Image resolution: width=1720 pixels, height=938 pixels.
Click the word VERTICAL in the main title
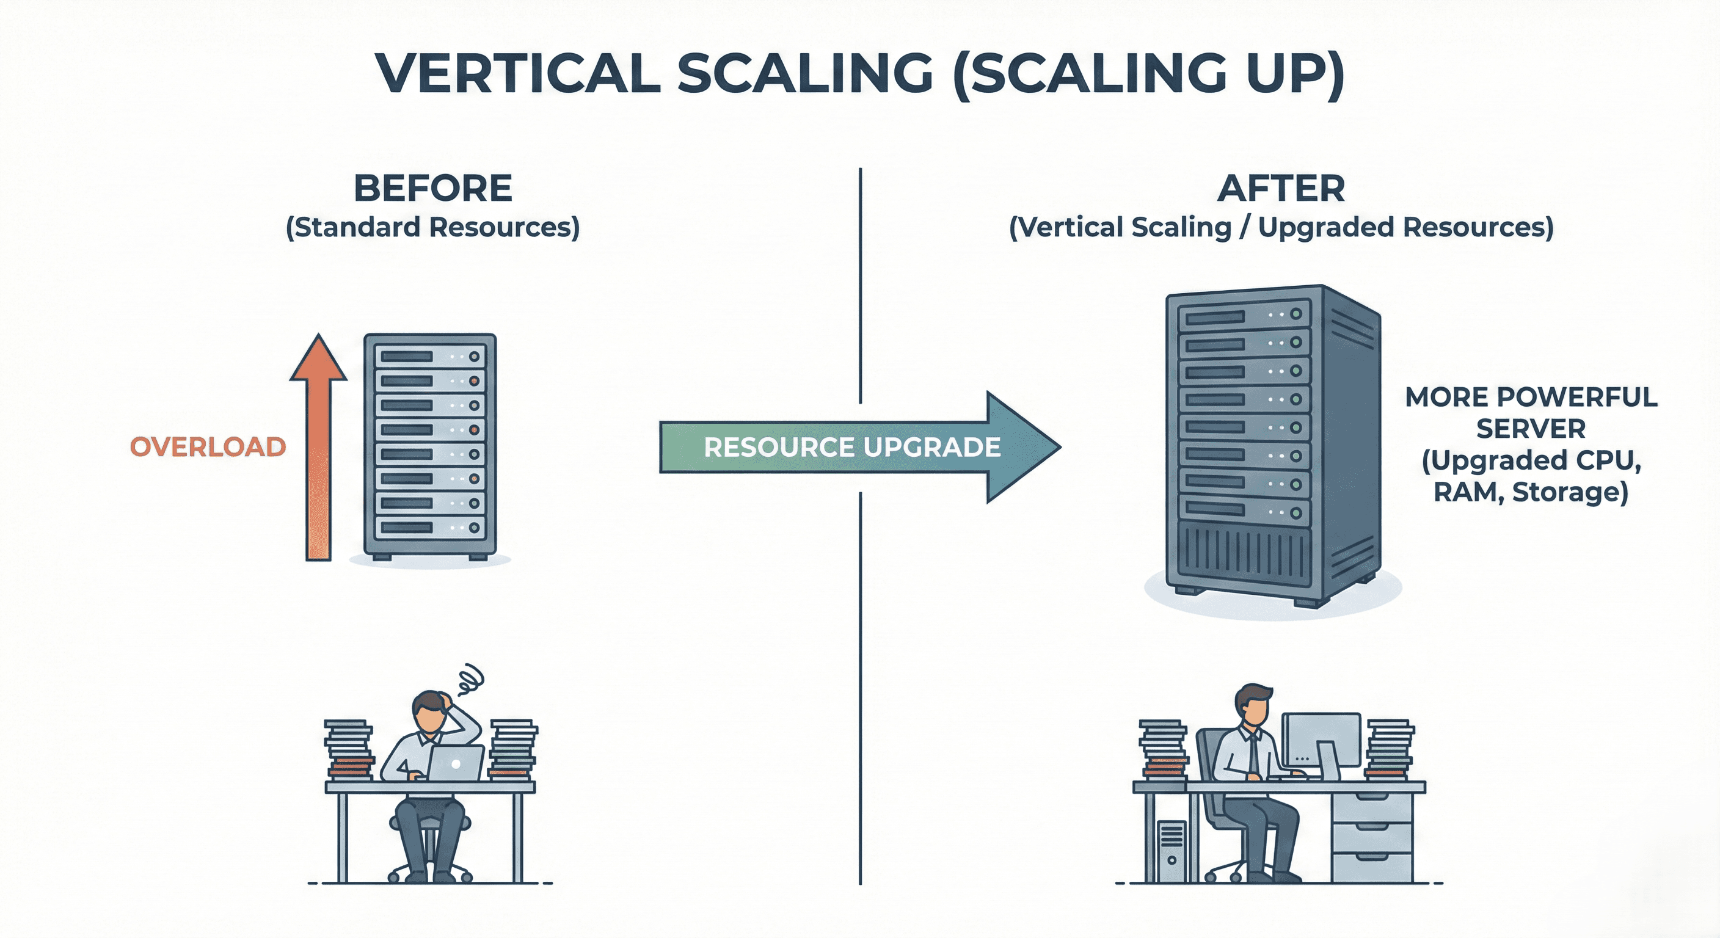[x=517, y=73]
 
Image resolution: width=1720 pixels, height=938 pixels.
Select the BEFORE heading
[x=432, y=188]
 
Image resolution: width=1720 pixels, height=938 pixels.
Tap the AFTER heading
[x=1281, y=188]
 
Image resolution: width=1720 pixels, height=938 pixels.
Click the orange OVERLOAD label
[x=208, y=446]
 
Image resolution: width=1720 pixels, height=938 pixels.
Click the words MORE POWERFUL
[x=1531, y=397]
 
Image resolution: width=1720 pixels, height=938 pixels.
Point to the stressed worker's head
[x=429, y=710]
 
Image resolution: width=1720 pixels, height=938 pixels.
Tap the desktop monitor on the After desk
[x=1321, y=740]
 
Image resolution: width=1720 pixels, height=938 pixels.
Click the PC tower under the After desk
[x=1172, y=851]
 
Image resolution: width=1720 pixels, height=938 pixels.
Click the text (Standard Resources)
[x=432, y=228]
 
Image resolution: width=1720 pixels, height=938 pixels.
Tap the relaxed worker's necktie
[x=1253, y=754]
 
